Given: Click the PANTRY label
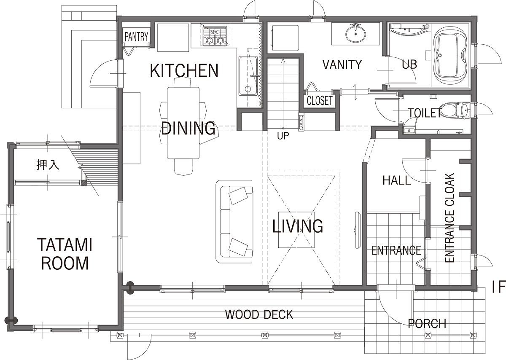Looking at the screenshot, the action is [x=136, y=37].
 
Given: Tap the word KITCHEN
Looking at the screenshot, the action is [x=184, y=70].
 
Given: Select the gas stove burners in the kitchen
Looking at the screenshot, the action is [x=215, y=36].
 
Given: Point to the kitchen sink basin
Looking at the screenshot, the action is [x=248, y=76].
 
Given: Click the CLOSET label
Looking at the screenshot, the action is [x=320, y=100].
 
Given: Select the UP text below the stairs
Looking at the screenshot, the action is [x=283, y=136].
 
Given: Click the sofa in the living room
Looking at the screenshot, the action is [x=234, y=222].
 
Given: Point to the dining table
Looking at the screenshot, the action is [x=183, y=123].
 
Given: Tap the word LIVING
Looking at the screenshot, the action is [x=298, y=226].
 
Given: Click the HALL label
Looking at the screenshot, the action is [x=396, y=180].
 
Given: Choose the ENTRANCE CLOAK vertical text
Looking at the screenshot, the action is [x=449, y=218].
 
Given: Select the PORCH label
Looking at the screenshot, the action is [x=427, y=324].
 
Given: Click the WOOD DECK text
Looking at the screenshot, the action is [x=259, y=314].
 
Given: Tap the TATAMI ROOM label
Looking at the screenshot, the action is [x=65, y=254].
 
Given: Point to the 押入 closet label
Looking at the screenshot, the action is [x=48, y=165].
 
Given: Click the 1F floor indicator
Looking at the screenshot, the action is [x=498, y=287].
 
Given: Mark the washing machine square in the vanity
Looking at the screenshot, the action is [x=285, y=38].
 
